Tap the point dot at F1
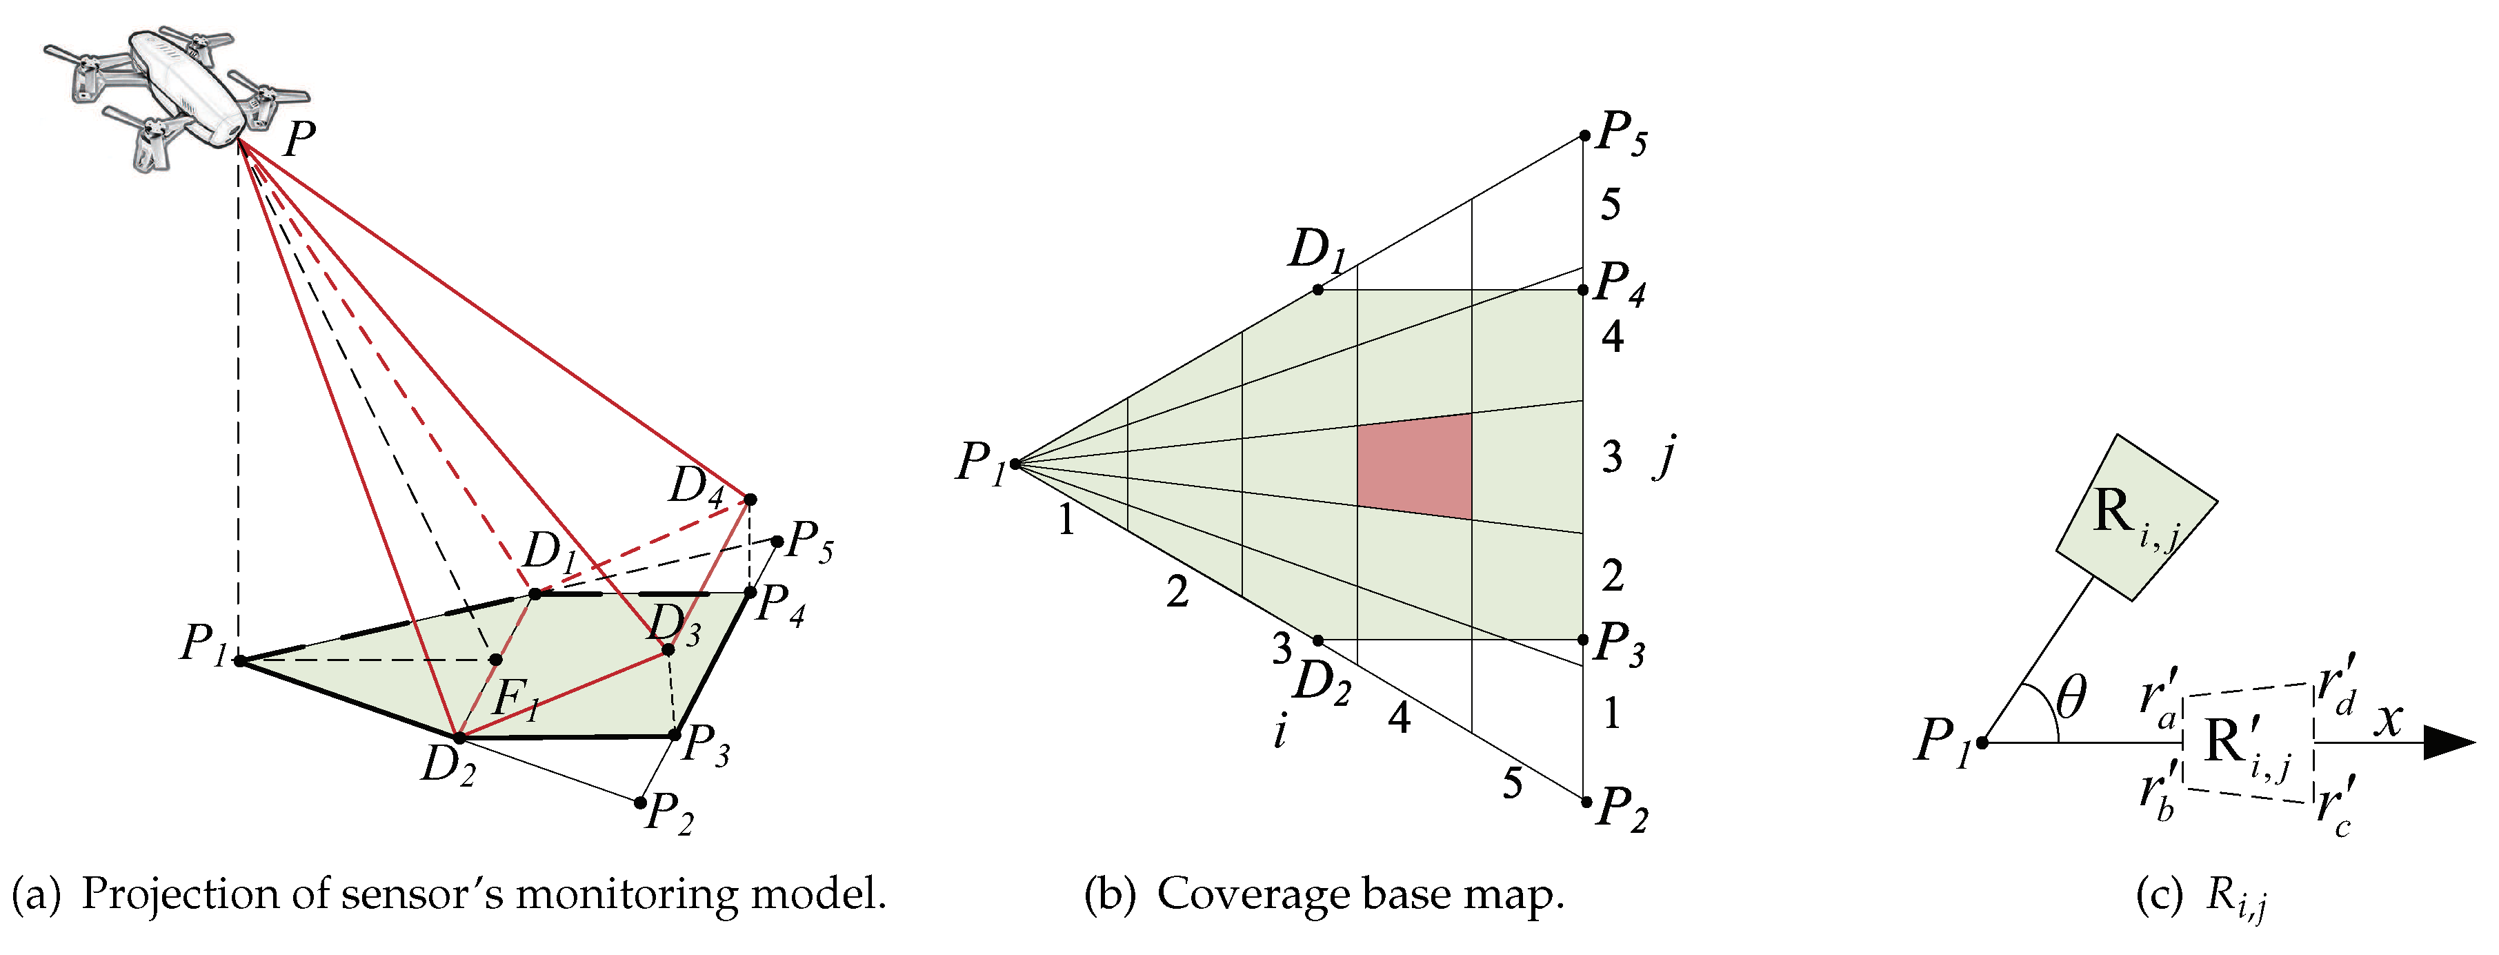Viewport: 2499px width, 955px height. click(x=496, y=660)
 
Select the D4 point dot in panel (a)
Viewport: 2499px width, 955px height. click(x=750, y=500)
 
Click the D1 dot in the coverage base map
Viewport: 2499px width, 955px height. click(x=1317, y=289)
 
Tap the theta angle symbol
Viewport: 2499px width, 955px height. click(x=2069, y=697)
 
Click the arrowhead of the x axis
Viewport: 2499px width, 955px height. click(x=2449, y=742)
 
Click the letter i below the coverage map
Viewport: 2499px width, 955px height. click(x=1281, y=732)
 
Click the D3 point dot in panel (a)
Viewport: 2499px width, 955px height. click(x=668, y=649)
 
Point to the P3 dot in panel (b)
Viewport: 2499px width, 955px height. click(x=1583, y=640)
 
